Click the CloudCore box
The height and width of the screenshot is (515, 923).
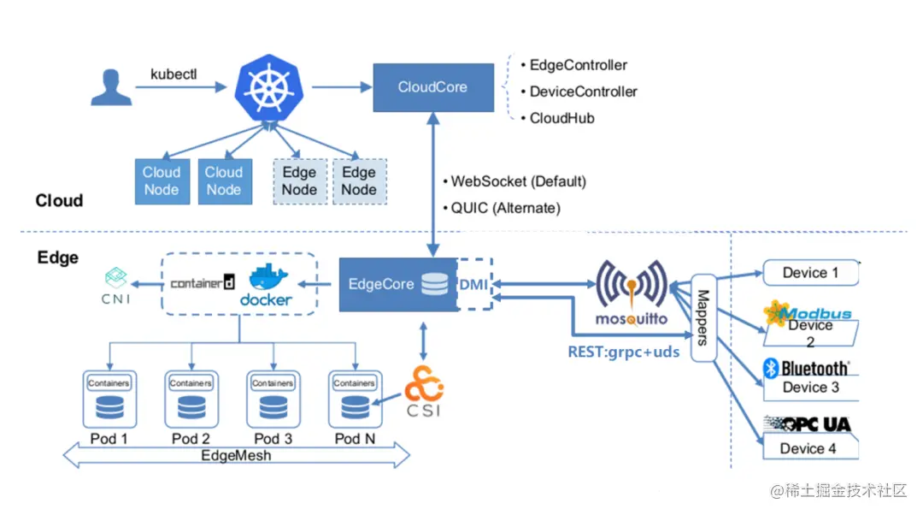[433, 87]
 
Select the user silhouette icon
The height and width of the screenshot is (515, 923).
[111, 87]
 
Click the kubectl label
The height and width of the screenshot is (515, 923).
[173, 74]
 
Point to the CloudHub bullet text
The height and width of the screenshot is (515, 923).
[561, 118]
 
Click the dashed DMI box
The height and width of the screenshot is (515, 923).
[473, 284]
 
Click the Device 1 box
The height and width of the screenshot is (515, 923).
[810, 273]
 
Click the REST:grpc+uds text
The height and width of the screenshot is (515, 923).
[623, 351]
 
